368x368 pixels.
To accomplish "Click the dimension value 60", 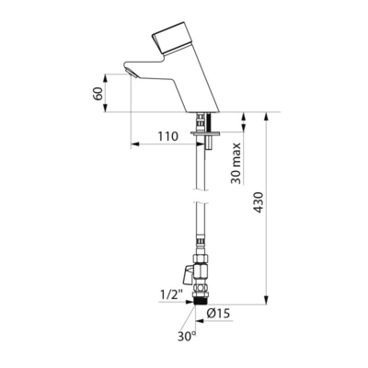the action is click(98, 94).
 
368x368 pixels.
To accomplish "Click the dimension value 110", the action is click(167, 136).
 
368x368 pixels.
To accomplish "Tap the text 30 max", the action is click(236, 163).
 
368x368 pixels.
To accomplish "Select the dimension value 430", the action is click(259, 202).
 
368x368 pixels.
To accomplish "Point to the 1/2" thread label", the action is click(171, 295).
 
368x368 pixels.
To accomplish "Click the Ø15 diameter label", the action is click(218, 313).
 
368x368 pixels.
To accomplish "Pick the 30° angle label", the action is click(187, 337).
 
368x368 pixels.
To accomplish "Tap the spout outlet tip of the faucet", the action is click(132, 74).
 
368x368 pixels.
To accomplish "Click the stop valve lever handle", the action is click(186, 274).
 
